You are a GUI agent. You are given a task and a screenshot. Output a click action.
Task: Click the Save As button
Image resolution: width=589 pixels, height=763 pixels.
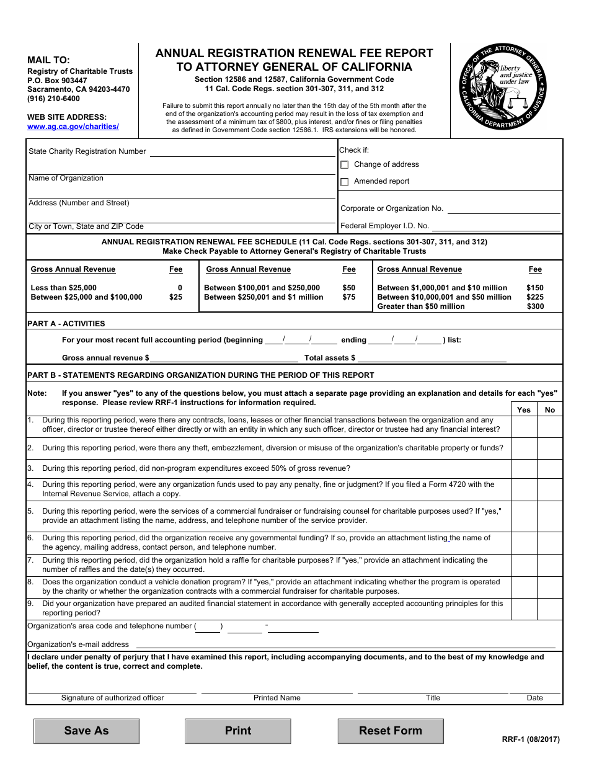(x=86, y=731)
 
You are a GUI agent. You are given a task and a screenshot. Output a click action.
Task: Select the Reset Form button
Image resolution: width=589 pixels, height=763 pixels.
(x=391, y=731)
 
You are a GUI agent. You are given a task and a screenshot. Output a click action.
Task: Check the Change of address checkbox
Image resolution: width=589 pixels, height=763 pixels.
(x=345, y=165)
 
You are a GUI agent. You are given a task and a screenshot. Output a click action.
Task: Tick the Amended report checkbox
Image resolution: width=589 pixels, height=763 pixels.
(x=345, y=182)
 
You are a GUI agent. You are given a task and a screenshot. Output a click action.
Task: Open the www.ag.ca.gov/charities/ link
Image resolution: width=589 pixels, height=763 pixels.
(x=73, y=127)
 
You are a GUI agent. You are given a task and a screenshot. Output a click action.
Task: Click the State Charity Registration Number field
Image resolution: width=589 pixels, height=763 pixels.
(x=242, y=152)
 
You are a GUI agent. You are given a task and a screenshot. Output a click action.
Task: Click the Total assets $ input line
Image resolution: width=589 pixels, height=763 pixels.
(x=432, y=358)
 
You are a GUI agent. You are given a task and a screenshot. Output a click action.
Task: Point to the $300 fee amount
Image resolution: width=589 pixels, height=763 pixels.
(x=535, y=306)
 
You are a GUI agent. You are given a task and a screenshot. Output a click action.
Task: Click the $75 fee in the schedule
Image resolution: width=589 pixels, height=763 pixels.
(x=349, y=297)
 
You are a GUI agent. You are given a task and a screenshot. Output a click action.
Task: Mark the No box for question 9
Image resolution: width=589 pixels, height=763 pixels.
(x=550, y=609)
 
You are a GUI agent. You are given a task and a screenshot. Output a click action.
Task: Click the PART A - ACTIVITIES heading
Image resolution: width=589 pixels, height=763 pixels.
(x=66, y=324)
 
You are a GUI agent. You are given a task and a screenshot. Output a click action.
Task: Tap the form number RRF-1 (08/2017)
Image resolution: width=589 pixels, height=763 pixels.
(x=531, y=739)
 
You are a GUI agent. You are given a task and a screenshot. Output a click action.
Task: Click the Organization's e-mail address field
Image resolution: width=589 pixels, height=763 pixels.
(x=347, y=645)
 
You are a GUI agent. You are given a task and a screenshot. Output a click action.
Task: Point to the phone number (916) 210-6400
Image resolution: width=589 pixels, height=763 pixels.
(x=53, y=99)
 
